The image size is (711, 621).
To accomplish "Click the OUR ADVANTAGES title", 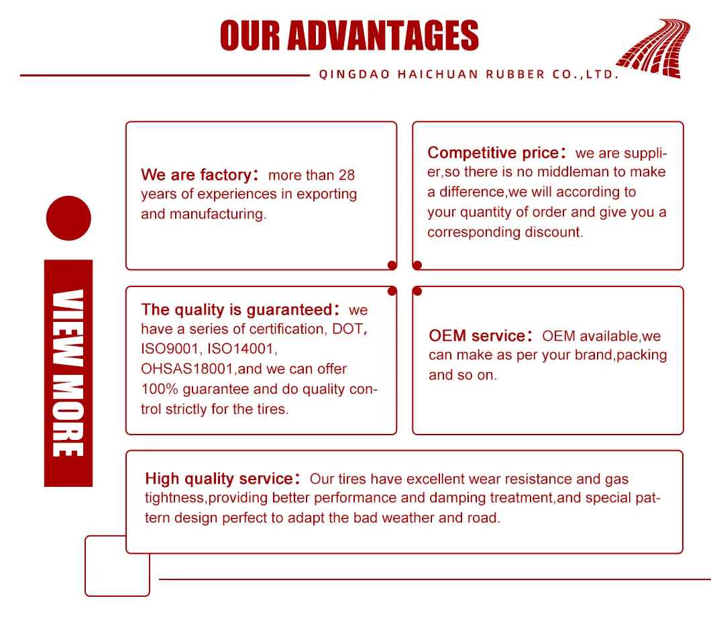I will (349, 36).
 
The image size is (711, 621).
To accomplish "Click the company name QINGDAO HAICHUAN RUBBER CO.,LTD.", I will (468, 74).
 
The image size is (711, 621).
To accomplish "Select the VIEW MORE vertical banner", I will (68, 373).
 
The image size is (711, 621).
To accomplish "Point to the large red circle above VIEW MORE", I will (68, 218).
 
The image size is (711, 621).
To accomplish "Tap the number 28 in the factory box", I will (347, 176).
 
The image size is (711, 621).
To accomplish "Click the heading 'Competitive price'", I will (492, 153).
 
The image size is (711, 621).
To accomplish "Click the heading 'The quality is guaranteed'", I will (236, 310).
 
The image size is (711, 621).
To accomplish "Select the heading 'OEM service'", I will (476, 336).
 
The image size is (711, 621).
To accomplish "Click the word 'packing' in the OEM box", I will (641, 355).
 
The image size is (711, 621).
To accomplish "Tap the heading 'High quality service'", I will (219, 479).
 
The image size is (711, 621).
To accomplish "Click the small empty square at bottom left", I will (117, 565).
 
